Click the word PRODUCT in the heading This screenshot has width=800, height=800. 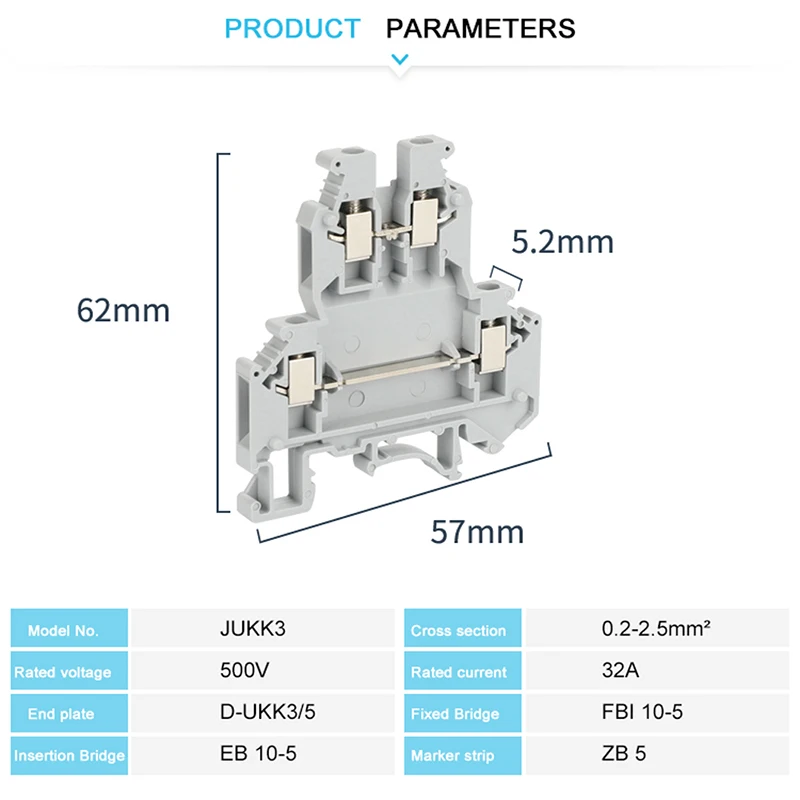pos(292,29)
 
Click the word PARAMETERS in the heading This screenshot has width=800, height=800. pos(481,29)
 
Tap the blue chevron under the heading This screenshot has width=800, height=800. pos(399,60)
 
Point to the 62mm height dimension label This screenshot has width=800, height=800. pos(123,310)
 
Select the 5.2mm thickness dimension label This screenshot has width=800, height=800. pos(563,242)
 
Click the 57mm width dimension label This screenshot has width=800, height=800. pos(477,532)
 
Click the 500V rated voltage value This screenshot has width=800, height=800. pos(244,670)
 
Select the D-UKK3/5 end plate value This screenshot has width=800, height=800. pos(267,712)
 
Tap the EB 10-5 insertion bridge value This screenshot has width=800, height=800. pos(258,754)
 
